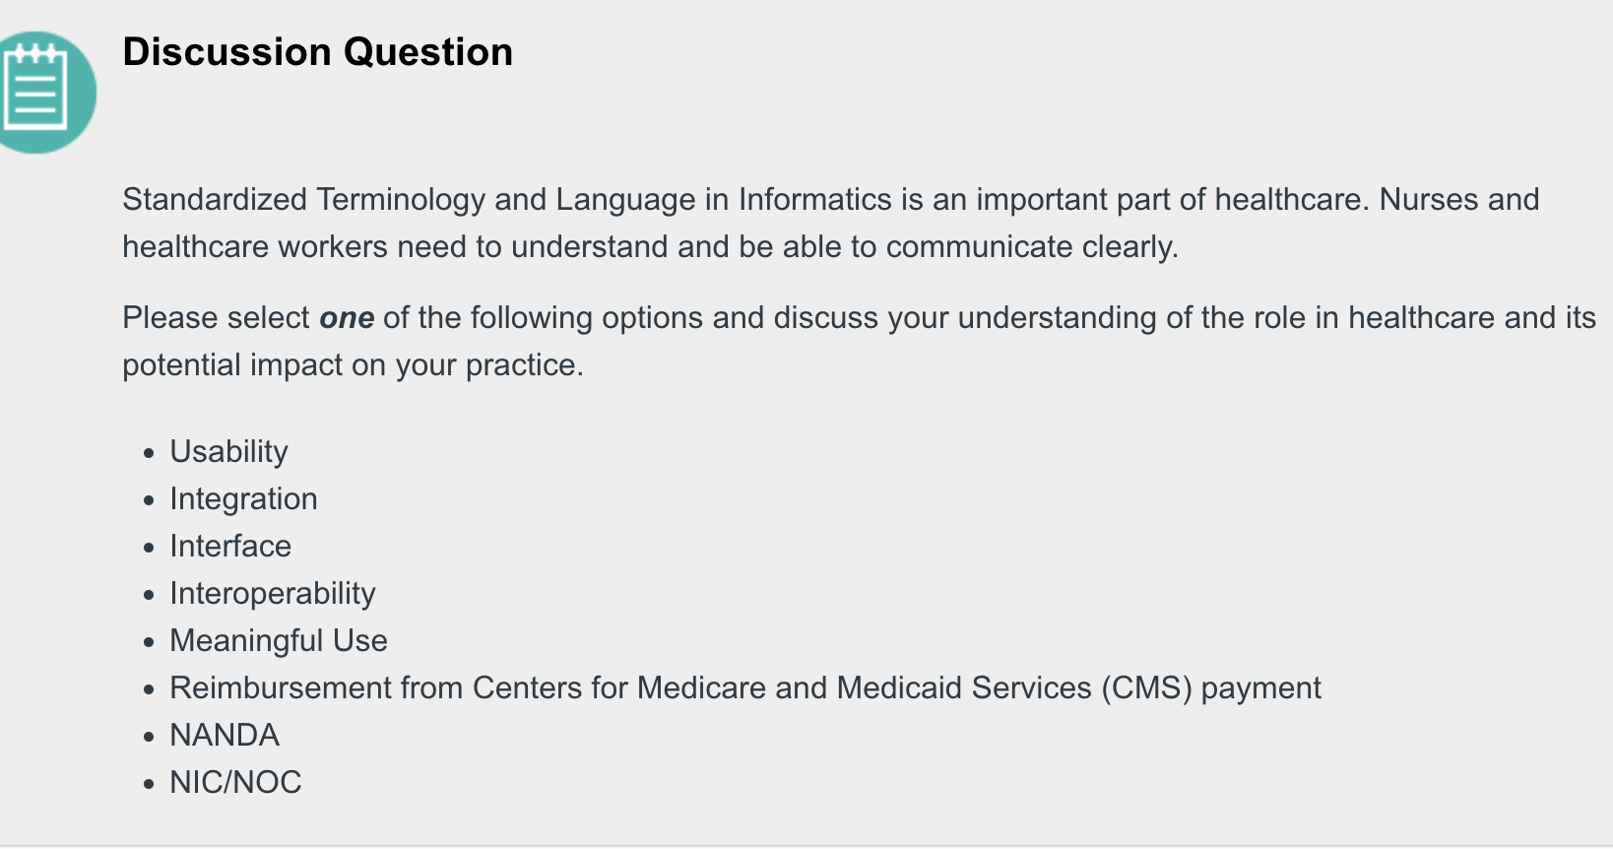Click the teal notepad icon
pos(39,93)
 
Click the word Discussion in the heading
pos(226,52)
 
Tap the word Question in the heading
pos(427,53)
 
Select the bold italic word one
pos(347,317)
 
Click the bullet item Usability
pos(228,452)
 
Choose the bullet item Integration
pos(243,499)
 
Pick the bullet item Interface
pos(230,546)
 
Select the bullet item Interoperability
pos(272,594)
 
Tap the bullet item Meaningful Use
pos(278,640)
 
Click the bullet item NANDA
pos(224,735)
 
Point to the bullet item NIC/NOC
pos(235,782)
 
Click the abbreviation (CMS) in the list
pos(1146,688)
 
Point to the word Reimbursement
pos(281,687)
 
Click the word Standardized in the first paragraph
pos(215,200)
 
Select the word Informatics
pos(815,200)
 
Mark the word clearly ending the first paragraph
pos(1129,247)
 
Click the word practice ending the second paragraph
pos(524,365)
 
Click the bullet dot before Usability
pos(149,453)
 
